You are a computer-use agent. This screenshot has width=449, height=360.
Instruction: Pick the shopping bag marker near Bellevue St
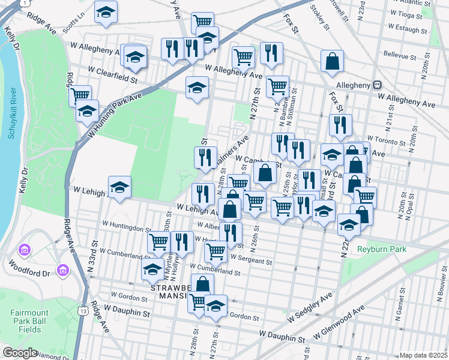[332, 62]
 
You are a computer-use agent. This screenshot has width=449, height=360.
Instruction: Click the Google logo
[20, 353]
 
